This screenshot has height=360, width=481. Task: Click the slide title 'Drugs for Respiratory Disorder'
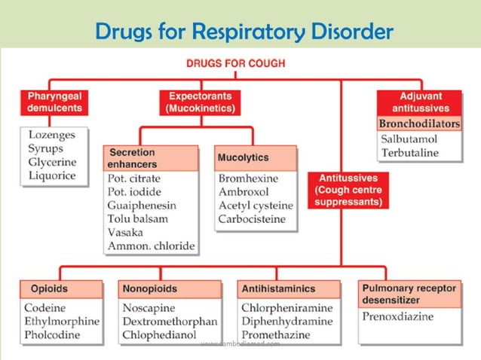[245, 32]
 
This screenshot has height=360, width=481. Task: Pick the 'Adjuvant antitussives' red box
[420, 103]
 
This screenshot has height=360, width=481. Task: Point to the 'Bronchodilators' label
[419, 124]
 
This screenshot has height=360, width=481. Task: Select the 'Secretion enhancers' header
[151, 158]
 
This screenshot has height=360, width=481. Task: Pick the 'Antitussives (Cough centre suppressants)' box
[348, 191]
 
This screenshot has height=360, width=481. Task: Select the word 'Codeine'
[44, 307]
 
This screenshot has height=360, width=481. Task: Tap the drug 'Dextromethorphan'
[169, 321]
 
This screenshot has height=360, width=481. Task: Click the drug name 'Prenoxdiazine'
[397, 316]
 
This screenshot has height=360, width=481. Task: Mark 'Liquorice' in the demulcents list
[52, 175]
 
